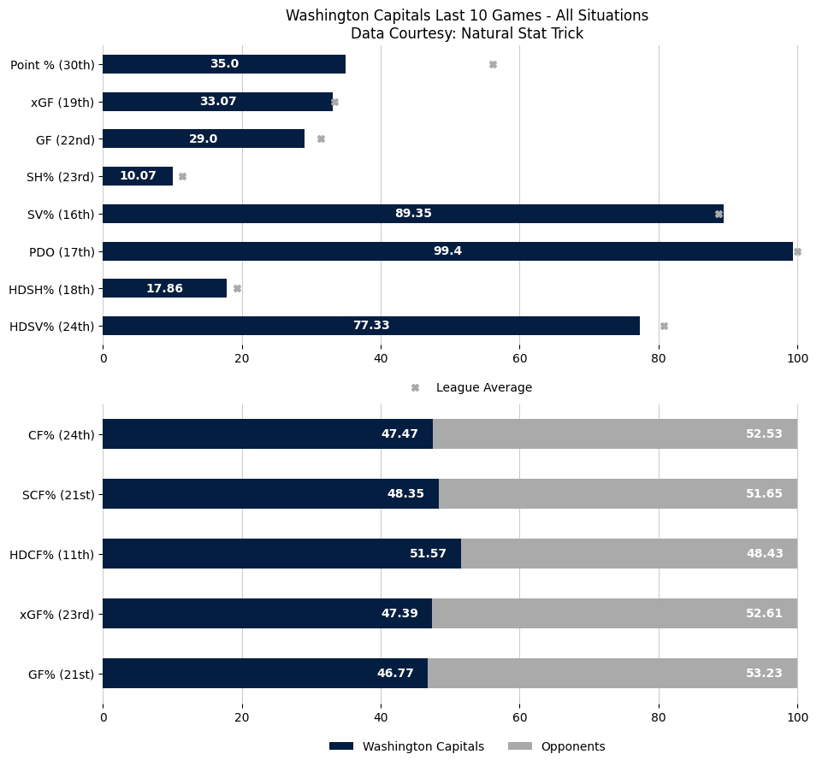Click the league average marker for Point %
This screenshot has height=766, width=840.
point(493,64)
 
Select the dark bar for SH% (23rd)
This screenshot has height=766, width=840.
point(137,176)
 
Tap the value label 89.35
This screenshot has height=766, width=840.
point(413,214)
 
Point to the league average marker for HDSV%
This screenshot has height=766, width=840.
point(664,326)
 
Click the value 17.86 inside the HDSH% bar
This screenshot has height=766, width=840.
point(164,288)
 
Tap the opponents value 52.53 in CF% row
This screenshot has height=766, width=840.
point(764,433)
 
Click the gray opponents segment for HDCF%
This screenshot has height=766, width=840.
point(629,553)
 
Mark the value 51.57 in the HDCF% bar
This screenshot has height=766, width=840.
point(428,553)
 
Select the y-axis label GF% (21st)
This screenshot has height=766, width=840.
point(61,674)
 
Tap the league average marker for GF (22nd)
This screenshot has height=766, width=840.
point(321,138)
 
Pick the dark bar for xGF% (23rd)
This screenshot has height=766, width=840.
point(267,613)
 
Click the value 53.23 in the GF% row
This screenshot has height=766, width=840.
point(764,673)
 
